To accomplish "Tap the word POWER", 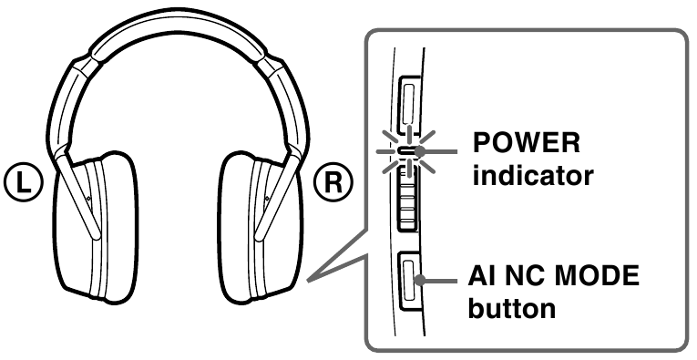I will [525, 146].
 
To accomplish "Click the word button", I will [511, 309].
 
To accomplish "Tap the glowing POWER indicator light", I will [407, 150].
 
